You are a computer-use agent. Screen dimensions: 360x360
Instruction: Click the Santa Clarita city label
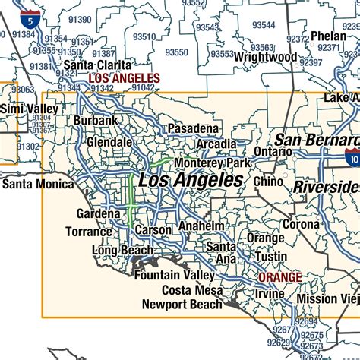click(96, 65)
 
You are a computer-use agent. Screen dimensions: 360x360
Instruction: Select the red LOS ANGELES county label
click(125, 78)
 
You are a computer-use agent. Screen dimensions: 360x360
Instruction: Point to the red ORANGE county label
click(279, 277)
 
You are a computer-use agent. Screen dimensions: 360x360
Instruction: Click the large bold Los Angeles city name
click(192, 181)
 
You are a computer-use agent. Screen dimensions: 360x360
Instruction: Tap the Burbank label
click(96, 121)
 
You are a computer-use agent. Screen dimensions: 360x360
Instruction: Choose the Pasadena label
click(194, 128)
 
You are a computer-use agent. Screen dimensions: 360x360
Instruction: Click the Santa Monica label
click(37, 184)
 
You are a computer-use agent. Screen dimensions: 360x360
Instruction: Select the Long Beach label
click(122, 250)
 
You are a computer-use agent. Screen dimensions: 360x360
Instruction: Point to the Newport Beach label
click(182, 305)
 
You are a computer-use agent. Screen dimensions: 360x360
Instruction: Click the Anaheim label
click(201, 227)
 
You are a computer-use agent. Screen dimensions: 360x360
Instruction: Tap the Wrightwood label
click(264, 57)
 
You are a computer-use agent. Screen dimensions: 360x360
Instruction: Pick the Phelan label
click(328, 36)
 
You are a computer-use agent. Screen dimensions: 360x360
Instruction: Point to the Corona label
click(301, 225)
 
